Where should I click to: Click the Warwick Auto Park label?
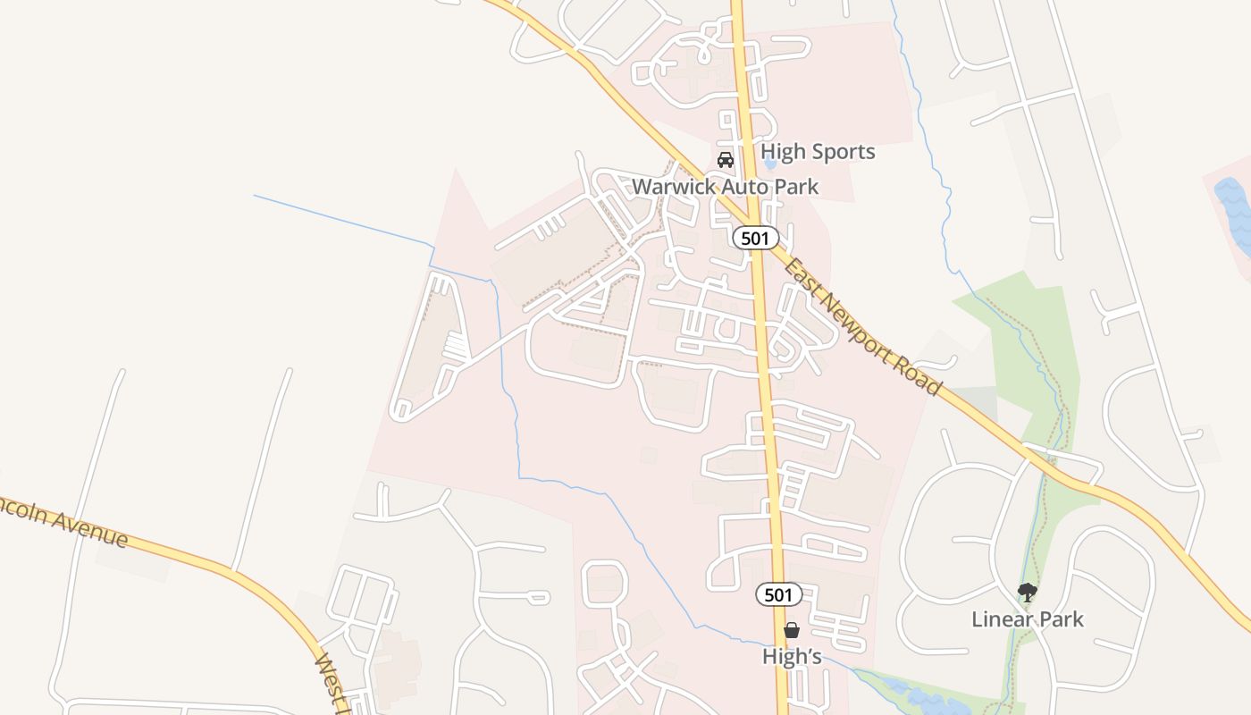tap(725, 187)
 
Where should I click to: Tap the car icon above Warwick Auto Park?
tap(726, 160)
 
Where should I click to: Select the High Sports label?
tap(818, 152)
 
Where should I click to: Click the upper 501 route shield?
tap(756, 238)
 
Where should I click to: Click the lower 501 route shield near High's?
tap(778, 594)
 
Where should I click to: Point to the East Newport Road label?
tap(863, 321)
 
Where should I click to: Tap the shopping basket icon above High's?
tap(792, 630)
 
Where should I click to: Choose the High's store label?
tap(792, 656)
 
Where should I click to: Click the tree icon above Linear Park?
tap(1028, 592)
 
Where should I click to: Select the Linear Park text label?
tap(1028, 618)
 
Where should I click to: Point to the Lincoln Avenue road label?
tap(63, 522)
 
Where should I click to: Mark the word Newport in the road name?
tap(872, 332)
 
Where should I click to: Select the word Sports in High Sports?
tap(843, 152)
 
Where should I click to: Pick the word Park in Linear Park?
tap(1063, 618)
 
